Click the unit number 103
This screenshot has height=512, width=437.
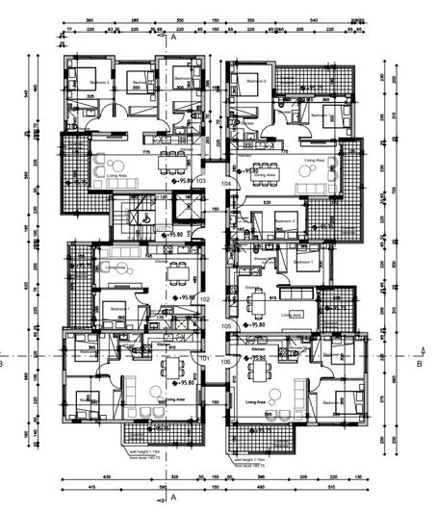point(201,180)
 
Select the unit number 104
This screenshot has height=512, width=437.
point(226,182)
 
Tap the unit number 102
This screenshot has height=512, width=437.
point(204,299)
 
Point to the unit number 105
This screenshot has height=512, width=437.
point(226,326)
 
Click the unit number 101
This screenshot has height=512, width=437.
point(204,359)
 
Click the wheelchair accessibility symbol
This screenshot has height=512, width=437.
point(145,218)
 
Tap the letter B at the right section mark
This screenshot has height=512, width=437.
point(420,365)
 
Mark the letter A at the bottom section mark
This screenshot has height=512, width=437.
point(173,499)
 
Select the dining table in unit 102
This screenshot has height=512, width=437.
point(177,274)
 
